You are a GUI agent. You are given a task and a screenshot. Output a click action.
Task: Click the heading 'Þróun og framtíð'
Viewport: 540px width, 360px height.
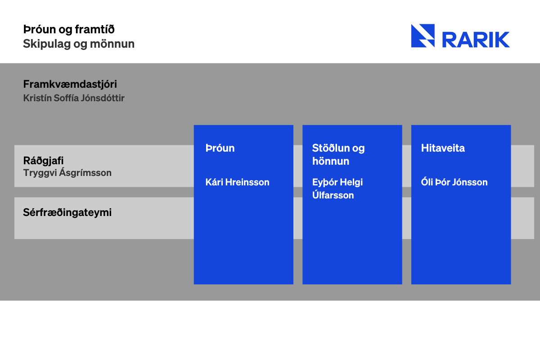(x=69, y=30)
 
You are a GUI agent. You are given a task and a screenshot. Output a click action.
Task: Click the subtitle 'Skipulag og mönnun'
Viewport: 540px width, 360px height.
(x=79, y=44)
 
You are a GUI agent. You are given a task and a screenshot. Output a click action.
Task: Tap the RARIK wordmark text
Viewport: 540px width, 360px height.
(x=476, y=40)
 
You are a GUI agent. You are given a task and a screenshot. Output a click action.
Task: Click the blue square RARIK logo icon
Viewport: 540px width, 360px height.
(x=423, y=36)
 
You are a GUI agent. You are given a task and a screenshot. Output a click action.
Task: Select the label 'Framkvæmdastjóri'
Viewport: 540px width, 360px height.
(x=70, y=84)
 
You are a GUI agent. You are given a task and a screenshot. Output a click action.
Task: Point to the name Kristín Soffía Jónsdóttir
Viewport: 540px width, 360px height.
(x=74, y=98)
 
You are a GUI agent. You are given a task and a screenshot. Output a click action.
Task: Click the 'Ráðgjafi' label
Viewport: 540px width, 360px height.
(x=43, y=161)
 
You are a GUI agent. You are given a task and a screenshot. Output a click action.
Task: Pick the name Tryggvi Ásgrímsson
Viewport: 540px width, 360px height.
(x=67, y=173)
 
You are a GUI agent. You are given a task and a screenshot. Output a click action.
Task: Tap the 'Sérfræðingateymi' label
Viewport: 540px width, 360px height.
(x=67, y=213)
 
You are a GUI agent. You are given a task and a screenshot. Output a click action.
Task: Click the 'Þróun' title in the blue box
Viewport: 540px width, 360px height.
(x=220, y=148)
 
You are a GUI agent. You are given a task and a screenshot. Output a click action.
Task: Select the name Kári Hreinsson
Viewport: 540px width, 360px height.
(x=238, y=182)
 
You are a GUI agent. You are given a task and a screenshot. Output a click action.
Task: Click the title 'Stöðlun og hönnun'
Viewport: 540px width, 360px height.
(x=338, y=154)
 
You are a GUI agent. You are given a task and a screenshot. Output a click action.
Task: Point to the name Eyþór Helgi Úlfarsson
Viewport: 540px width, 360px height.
(x=337, y=189)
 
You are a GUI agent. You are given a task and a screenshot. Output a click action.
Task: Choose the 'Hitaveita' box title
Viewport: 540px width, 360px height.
(x=443, y=148)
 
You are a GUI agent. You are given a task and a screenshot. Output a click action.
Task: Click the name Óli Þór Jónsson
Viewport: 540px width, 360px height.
(x=454, y=182)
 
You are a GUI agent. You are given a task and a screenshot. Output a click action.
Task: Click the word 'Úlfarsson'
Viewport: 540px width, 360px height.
(x=333, y=195)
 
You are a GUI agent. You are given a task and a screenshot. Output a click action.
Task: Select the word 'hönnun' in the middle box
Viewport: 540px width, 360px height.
(x=330, y=161)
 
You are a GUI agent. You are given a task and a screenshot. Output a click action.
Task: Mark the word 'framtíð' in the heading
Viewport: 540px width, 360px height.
(x=95, y=29)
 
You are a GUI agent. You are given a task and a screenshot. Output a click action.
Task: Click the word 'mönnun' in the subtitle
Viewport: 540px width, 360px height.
(x=112, y=44)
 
